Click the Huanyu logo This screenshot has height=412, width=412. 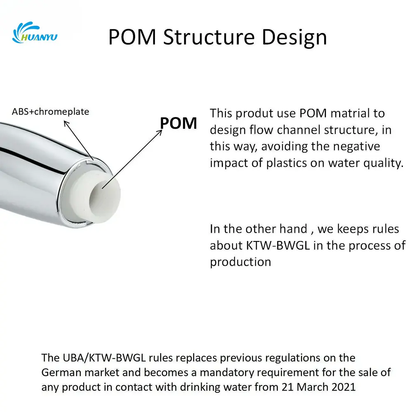pos(35,33)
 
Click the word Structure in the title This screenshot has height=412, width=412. pos(209,37)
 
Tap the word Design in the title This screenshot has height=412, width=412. pos(294,38)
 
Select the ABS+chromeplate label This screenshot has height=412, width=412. pos(50,112)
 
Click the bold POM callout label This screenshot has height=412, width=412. pos(178,123)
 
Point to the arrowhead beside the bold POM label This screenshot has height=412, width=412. pos(159,132)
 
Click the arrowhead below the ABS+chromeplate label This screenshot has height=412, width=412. pos(66,124)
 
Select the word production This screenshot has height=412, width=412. pos(241,262)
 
